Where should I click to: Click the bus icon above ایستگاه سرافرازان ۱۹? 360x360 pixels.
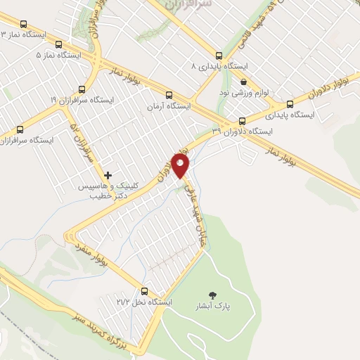82,89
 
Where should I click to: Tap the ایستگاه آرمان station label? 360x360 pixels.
169,106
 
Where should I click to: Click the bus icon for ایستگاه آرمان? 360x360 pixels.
169,96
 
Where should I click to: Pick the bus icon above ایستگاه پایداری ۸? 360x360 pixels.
219,56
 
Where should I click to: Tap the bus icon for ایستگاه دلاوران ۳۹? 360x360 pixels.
243,120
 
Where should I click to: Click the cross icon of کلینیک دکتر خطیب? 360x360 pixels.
108,174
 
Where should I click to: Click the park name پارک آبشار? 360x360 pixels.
214,307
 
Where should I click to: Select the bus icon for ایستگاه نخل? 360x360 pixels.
145,291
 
